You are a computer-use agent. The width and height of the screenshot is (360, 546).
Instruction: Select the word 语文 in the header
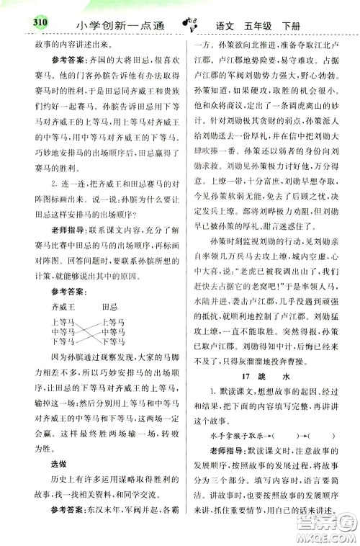(230, 27)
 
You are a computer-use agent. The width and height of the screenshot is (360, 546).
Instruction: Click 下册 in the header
(306, 27)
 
